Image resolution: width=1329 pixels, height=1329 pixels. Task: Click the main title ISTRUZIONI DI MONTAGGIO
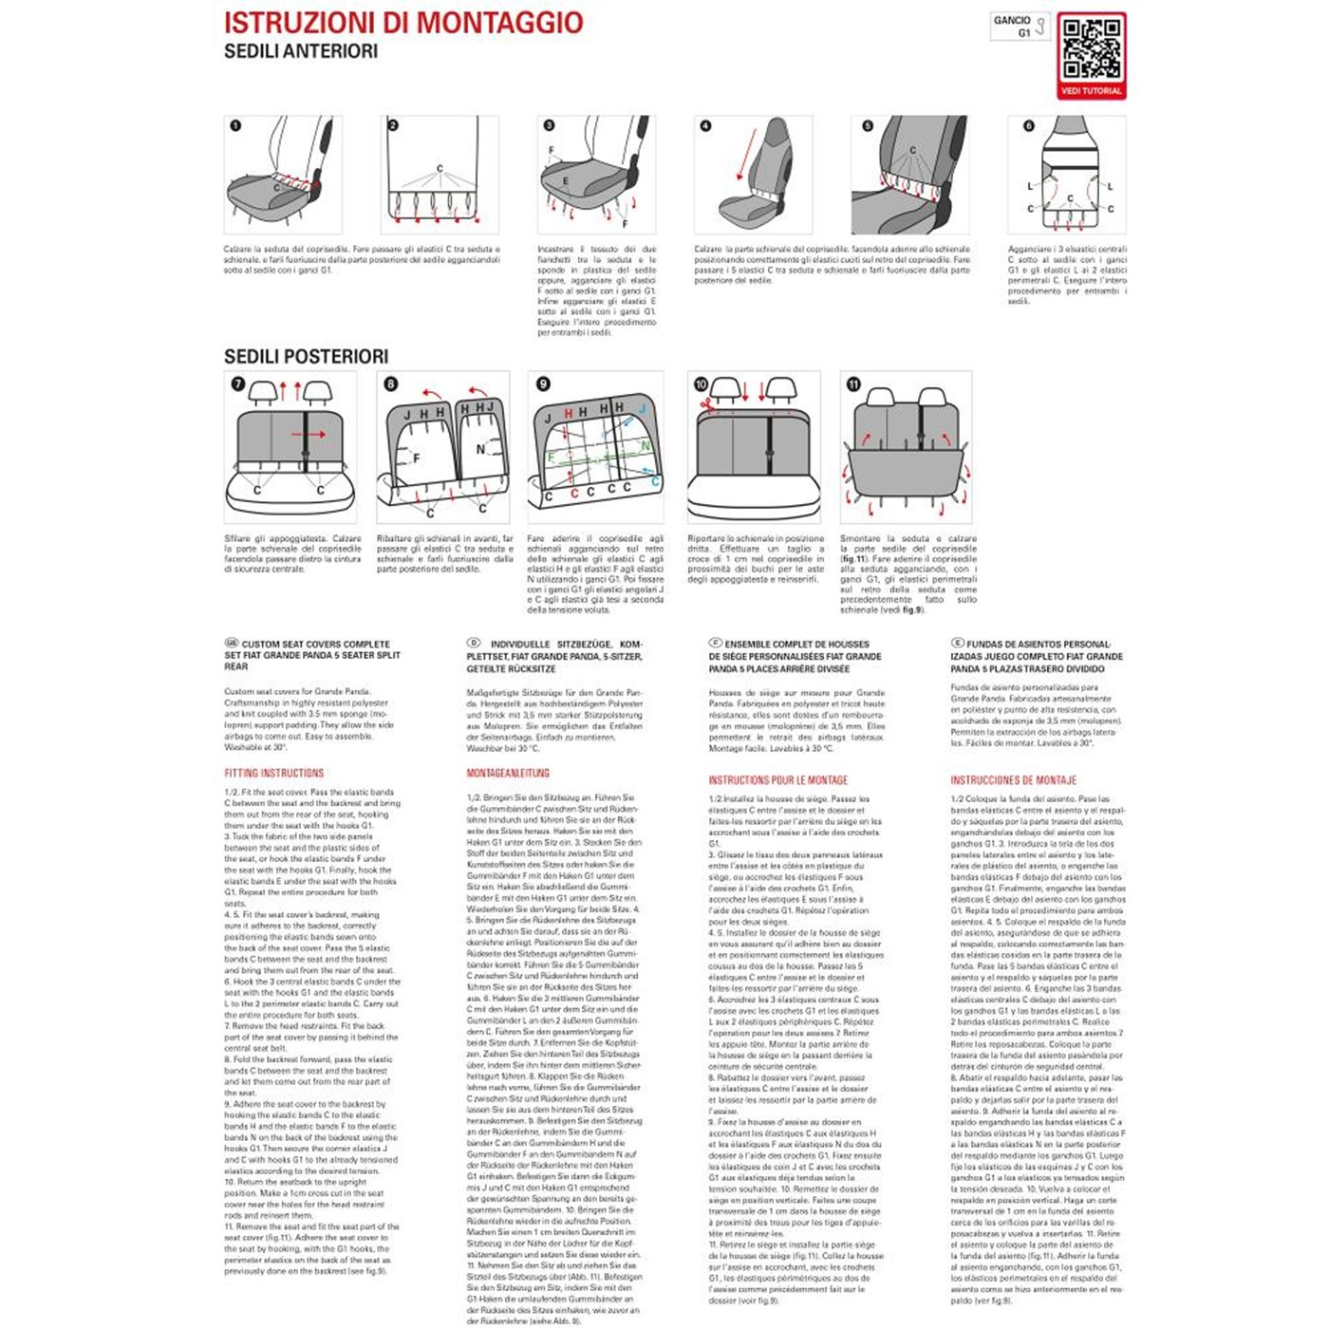pyautogui.click(x=403, y=23)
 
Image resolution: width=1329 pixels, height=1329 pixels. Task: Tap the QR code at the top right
pyautogui.click(x=1091, y=48)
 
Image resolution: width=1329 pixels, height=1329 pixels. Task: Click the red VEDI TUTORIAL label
pyautogui.click(x=1091, y=91)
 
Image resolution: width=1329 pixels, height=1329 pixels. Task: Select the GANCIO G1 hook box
pyautogui.click(x=1020, y=26)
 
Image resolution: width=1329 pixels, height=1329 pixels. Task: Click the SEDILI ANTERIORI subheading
pyautogui.click(x=300, y=51)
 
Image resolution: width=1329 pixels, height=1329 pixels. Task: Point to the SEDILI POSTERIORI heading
pyautogui.click(x=306, y=357)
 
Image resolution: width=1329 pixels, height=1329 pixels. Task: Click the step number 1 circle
pyautogui.click(x=235, y=125)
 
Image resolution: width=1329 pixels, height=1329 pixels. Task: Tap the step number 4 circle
pyautogui.click(x=704, y=125)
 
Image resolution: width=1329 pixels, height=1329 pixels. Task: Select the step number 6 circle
pyautogui.click(x=1028, y=125)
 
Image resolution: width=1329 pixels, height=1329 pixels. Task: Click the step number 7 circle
pyautogui.click(x=237, y=384)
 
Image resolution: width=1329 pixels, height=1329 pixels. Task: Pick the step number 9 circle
pyautogui.click(x=543, y=384)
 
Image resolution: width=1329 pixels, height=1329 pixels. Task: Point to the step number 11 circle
pyautogui.click(x=853, y=384)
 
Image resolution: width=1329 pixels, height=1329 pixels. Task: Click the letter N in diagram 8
pyautogui.click(x=480, y=449)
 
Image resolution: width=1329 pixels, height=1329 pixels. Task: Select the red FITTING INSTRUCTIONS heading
pyautogui.click(x=273, y=774)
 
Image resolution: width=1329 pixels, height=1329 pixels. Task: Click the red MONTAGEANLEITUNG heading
pyautogui.click(x=508, y=774)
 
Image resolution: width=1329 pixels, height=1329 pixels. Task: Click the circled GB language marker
pyautogui.click(x=231, y=644)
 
